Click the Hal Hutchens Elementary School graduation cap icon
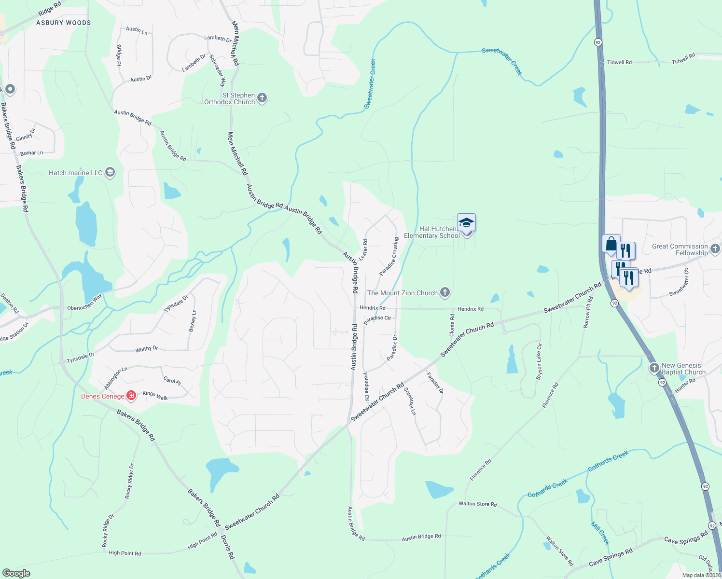466,223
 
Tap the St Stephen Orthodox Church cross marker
262,98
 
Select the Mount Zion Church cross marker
445,292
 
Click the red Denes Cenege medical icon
131,396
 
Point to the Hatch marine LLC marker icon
110,173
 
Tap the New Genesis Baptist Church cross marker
654,369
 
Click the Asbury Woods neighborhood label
63,23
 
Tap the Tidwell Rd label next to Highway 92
619,63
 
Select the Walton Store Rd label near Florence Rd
477,504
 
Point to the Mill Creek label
600,533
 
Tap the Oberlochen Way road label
84,303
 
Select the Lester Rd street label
363,250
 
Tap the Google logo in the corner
16,573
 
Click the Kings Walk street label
155,396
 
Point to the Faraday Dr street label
435,383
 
